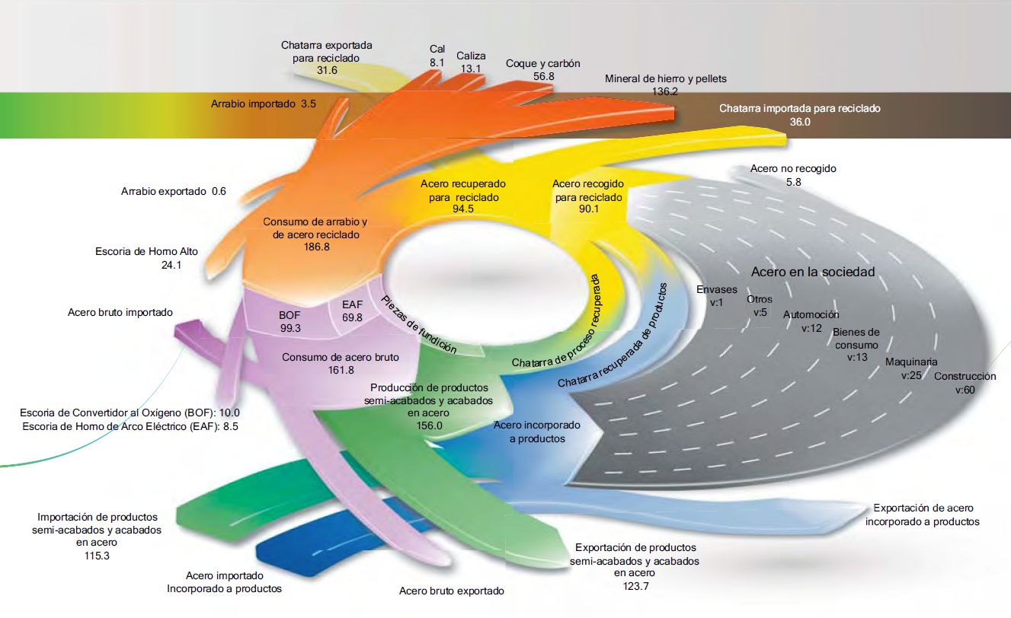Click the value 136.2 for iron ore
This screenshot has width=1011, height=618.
point(665,91)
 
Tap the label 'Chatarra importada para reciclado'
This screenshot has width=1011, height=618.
point(799,109)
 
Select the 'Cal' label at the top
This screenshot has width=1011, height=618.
point(437,49)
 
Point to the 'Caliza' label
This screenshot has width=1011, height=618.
point(471,56)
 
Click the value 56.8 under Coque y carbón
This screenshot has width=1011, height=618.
point(543,77)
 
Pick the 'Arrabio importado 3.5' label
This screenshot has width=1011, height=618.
point(263,103)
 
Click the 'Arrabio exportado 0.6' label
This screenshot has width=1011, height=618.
point(174,191)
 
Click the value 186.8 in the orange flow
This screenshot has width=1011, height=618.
point(315,247)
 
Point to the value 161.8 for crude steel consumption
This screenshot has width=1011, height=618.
point(340,370)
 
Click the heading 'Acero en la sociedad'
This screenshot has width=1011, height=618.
point(813,272)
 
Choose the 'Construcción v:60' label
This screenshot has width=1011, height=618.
point(965,383)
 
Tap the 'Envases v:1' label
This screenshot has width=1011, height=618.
point(717,295)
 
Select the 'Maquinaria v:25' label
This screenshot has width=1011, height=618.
point(911,368)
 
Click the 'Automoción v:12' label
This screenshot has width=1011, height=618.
point(811,321)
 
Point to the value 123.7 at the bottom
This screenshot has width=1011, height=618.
point(635,585)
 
